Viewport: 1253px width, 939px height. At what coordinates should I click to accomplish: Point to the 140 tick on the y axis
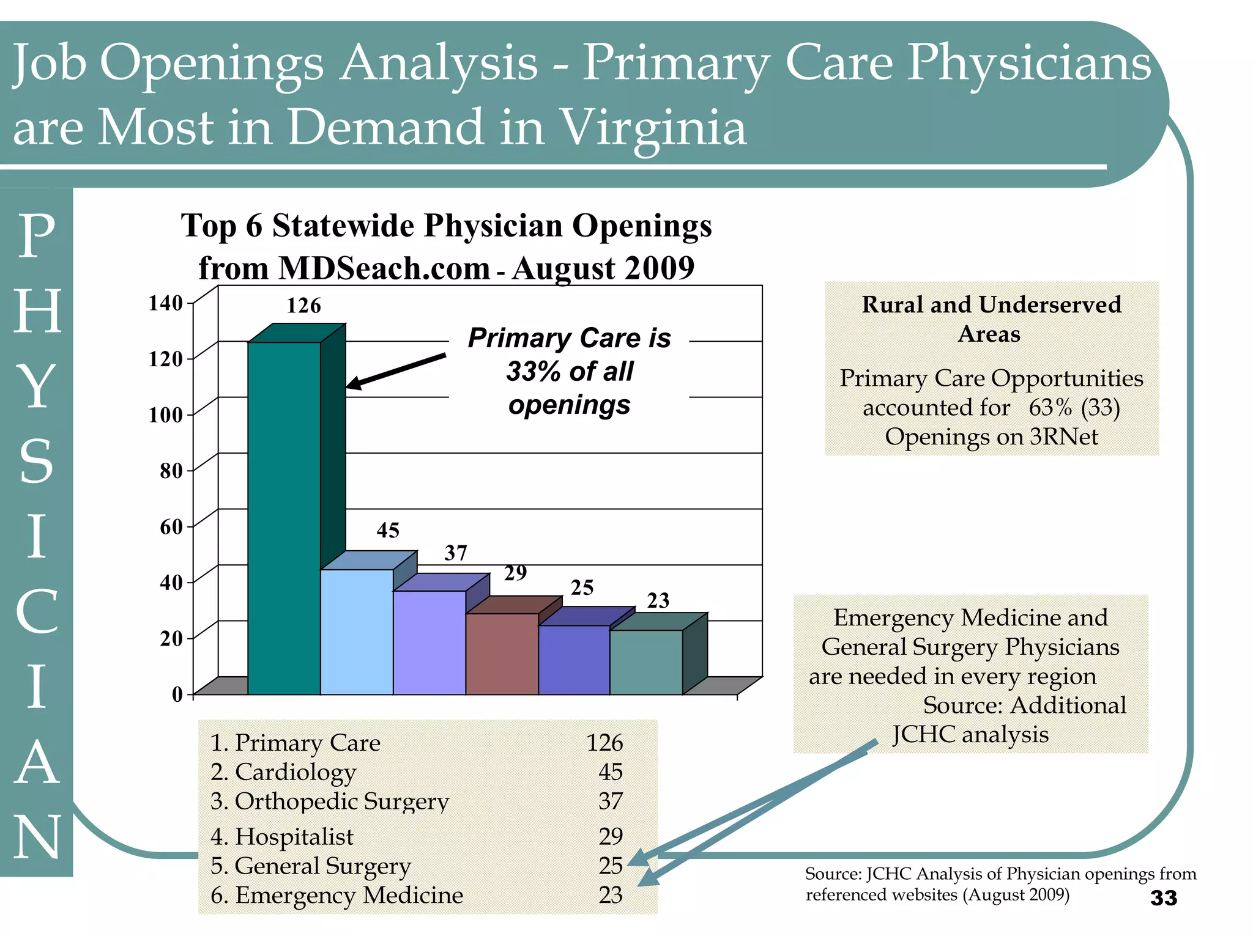(x=166, y=303)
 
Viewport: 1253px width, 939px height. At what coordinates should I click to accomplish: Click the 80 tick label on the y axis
(x=171, y=471)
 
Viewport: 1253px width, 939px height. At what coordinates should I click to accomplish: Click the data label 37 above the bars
(x=456, y=553)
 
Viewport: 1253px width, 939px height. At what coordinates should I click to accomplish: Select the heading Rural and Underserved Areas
(x=991, y=319)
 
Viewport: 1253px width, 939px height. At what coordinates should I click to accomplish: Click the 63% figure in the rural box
(x=1050, y=408)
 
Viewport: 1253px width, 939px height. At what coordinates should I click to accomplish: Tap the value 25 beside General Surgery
(x=610, y=866)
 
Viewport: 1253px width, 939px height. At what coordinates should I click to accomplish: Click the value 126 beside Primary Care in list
(x=604, y=743)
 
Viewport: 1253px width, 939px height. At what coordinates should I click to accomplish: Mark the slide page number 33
(x=1163, y=898)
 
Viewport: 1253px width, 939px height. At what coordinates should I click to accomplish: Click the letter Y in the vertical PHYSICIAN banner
(x=37, y=386)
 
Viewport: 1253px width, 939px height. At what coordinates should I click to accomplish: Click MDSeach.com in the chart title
(x=384, y=268)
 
